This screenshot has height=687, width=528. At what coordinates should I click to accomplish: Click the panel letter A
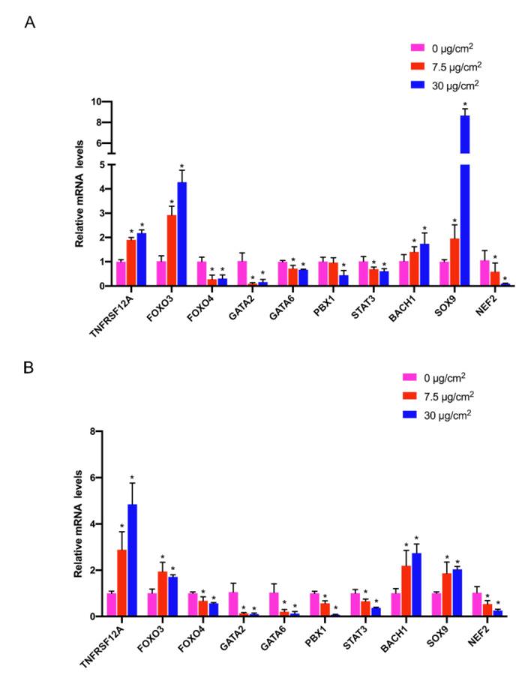(30, 22)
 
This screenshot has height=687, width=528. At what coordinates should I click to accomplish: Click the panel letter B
(30, 368)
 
